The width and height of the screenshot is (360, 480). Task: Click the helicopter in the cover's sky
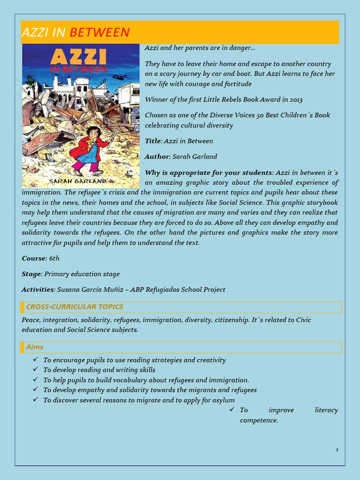tap(120, 77)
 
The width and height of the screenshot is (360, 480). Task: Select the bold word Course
tap(33, 258)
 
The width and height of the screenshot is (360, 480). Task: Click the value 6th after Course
tap(54, 258)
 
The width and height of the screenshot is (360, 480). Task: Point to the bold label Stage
tap(31, 274)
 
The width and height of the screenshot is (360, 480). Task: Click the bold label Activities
tap(38, 290)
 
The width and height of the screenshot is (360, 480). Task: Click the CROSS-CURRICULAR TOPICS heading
tap(75, 307)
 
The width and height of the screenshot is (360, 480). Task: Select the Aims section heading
tap(35, 347)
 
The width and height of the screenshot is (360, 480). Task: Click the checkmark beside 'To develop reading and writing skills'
tap(36, 369)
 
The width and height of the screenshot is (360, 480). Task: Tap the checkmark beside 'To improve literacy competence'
tap(232, 410)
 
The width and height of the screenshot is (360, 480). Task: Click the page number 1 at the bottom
tap(337, 450)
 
